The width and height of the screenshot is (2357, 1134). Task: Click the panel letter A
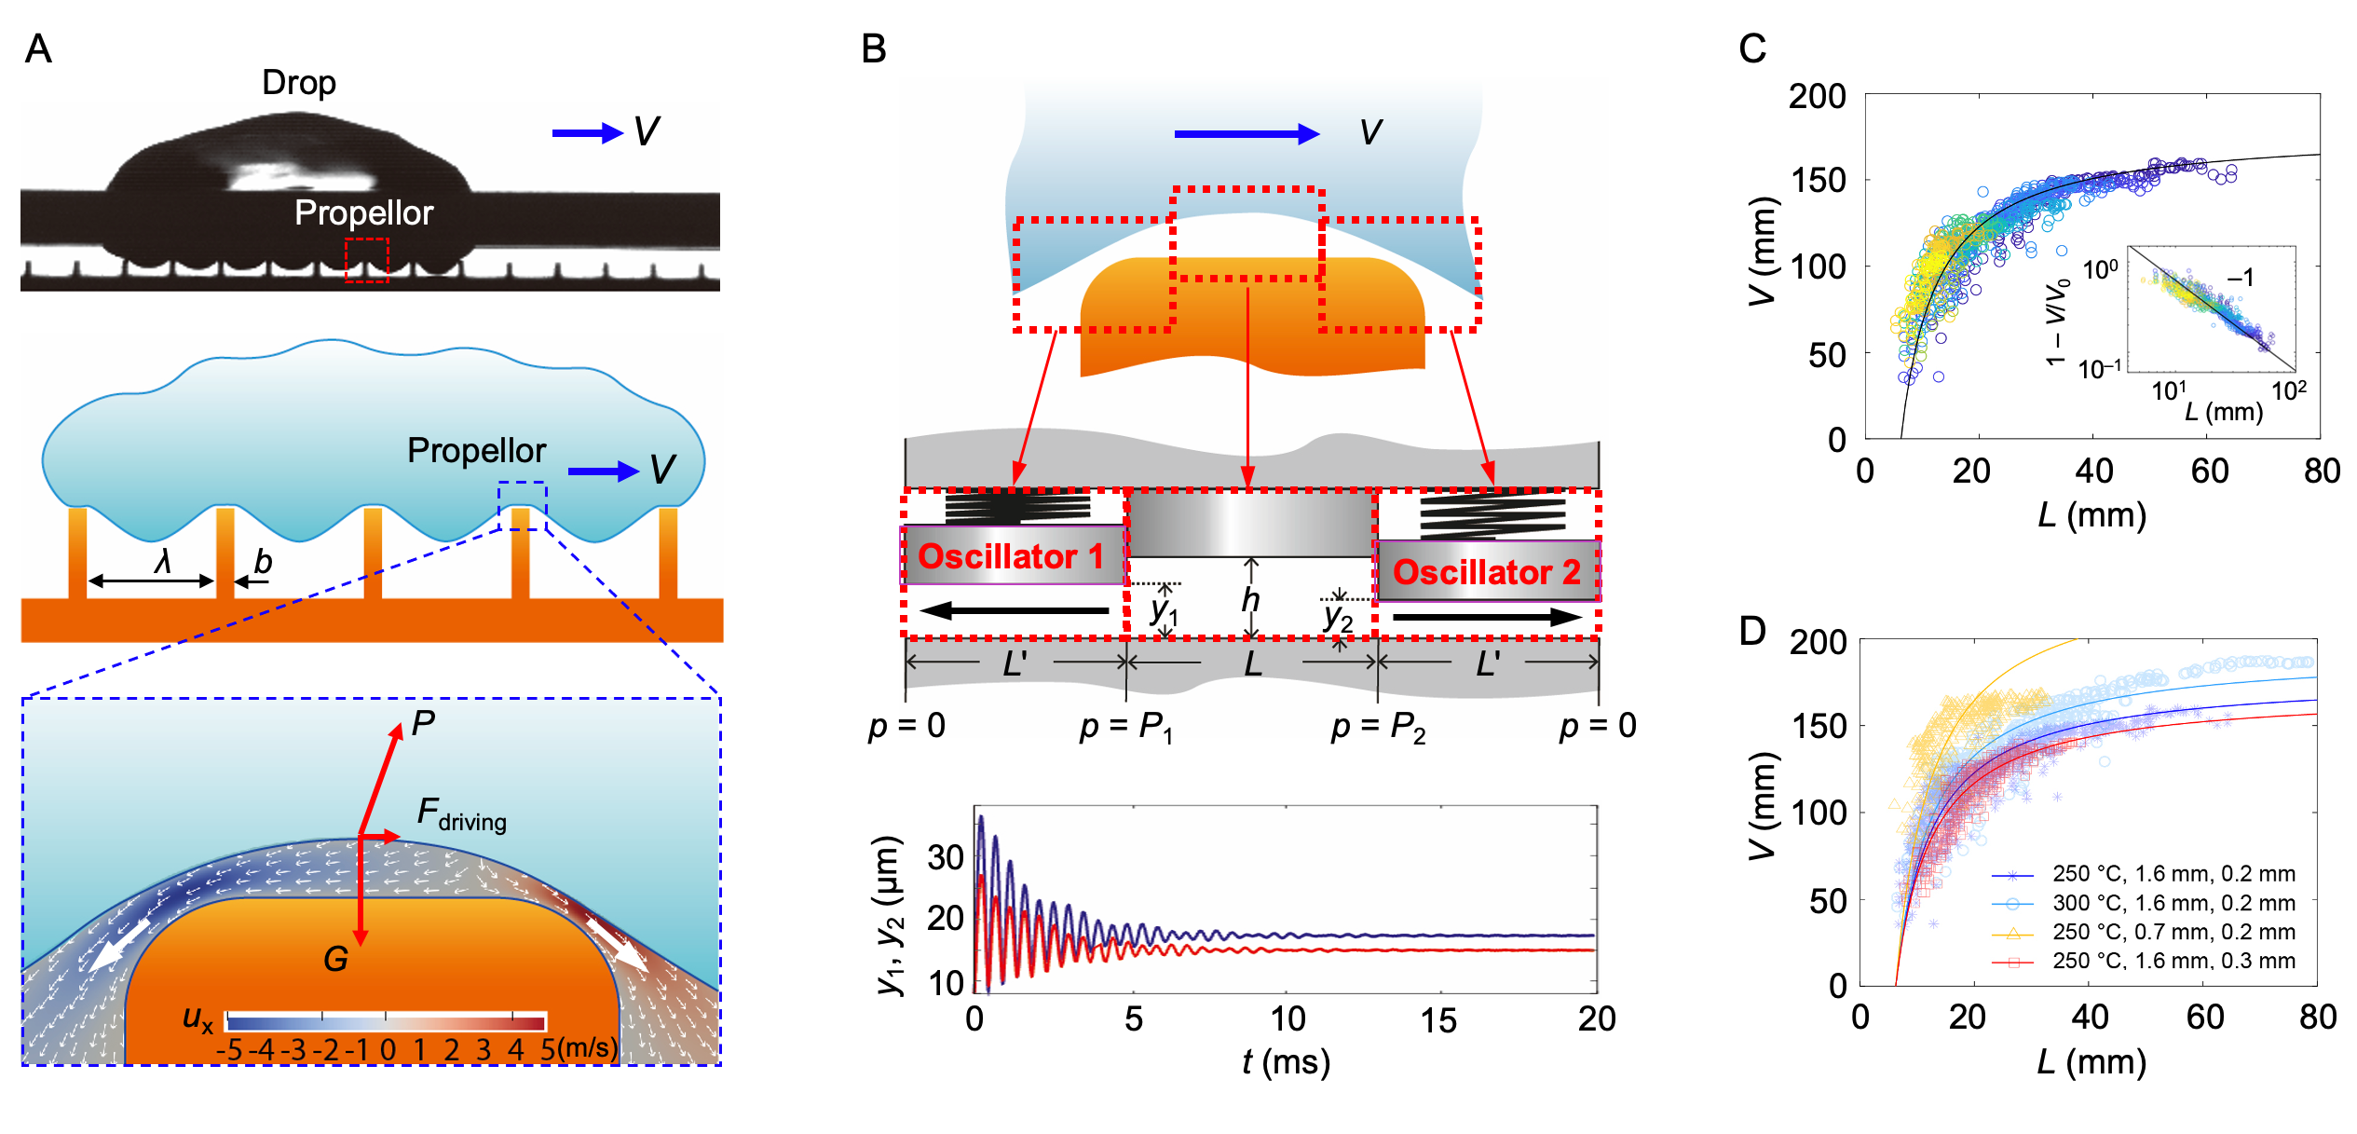[x=38, y=48]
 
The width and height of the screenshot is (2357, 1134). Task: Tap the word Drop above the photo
[x=298, y=83]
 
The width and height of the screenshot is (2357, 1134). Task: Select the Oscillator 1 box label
[x=1011, y=556]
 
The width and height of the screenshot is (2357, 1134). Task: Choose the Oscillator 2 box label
[x=1486, y=572]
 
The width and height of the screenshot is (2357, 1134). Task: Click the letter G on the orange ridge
[x=335, y=959]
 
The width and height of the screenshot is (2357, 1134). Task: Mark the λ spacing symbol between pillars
[x=163, y=561]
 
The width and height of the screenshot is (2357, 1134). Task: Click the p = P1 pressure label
[x=1125, y=727]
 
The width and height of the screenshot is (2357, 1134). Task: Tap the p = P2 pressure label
[x=1378, y=727]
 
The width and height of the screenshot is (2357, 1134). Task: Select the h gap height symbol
[x=1250, y=600]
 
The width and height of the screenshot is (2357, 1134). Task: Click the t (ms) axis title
[x=1286, y=1062]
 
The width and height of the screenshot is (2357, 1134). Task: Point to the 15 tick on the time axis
[x=1438, y=1020]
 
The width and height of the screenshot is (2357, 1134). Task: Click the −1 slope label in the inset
[x=2241, y=278]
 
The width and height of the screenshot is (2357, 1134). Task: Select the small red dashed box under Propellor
[x=366, y=259]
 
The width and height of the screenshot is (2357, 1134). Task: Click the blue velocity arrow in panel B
[x=1247, y=134]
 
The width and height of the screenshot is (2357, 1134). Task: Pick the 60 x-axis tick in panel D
[x=2205, y=1017]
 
